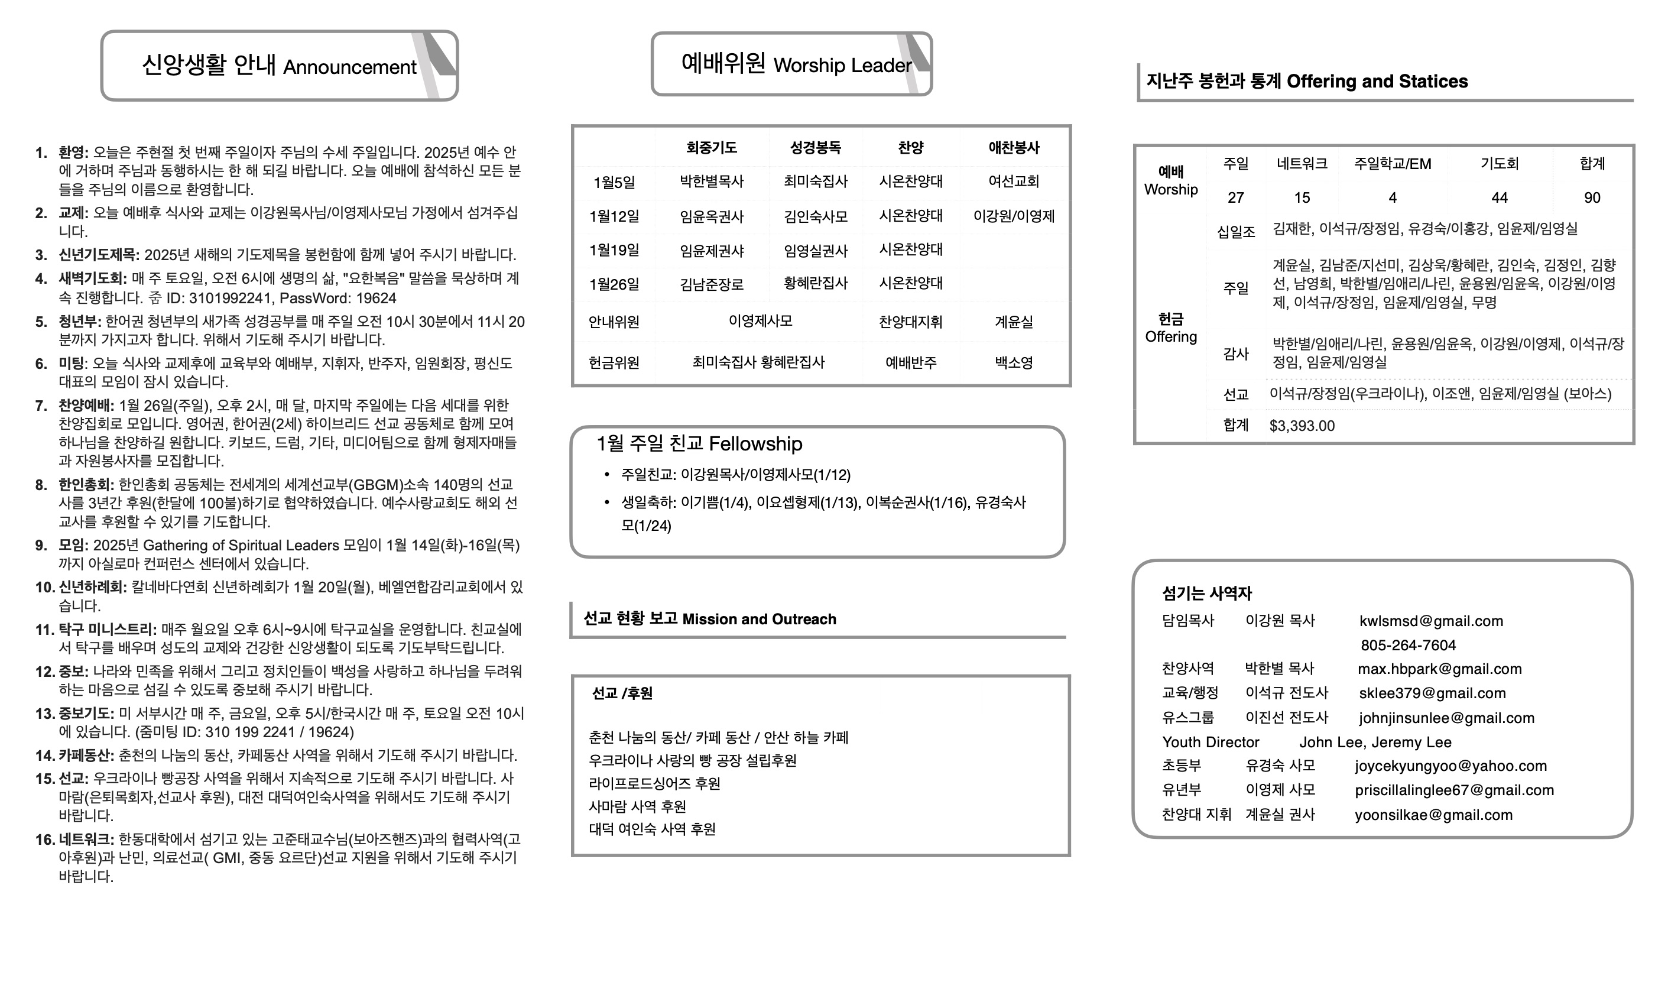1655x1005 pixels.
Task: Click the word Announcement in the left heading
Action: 349,67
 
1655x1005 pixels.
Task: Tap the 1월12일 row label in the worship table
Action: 614,216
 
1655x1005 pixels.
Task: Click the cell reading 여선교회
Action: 1014,181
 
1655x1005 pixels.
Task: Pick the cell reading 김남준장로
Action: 711,284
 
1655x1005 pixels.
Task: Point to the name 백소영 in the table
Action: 1014,363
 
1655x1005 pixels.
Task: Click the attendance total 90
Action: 1592,197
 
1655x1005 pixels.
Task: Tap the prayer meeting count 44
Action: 1499,197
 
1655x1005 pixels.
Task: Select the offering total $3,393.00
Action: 1302,426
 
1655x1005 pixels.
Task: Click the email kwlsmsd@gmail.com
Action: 1430,621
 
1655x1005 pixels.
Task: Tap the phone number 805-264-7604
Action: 1408,646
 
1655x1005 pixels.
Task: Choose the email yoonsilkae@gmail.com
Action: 1433,815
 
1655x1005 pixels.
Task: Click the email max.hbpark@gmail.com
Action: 1439,669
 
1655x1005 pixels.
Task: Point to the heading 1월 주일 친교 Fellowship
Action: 699,443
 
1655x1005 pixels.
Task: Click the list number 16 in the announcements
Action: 45,839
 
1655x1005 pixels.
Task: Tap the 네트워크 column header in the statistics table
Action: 1302,163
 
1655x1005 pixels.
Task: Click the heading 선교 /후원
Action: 622,693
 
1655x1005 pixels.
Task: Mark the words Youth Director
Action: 1211,743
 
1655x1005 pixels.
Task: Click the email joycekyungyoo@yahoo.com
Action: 1450,766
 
